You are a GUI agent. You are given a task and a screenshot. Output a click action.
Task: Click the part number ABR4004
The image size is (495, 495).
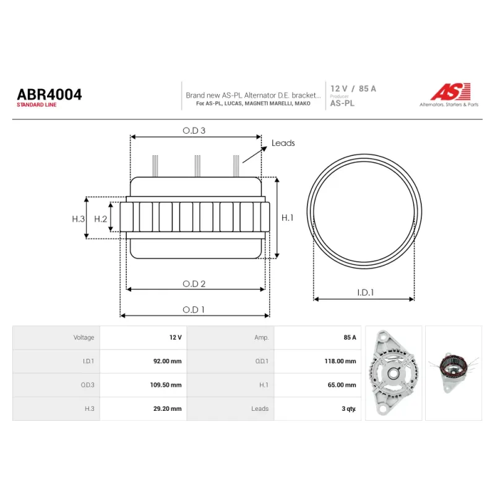pyautogui.click(x=49, y=95)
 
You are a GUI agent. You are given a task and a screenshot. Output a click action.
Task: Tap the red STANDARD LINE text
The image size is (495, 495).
pyautogui.click(x=37, y=105)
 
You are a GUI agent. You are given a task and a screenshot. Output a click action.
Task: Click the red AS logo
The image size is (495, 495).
pyautogui.click(x=450, y=92)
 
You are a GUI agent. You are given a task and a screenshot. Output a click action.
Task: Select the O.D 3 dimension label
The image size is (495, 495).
pyautogui.click(x=194, y=131)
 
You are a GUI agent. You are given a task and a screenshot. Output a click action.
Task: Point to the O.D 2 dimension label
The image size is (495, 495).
pyautogui.click(x=194, y=284)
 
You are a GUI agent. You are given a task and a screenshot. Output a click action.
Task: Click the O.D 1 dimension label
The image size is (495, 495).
pyautogui.click(x=194, y=310)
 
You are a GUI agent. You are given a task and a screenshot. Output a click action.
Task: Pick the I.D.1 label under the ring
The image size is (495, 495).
pyautogui.click(x=365, y=293)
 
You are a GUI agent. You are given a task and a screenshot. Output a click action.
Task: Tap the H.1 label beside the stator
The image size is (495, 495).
pyautogui.click(x=287, y=218)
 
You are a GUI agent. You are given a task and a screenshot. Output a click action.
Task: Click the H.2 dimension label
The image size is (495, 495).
pyautogui.click(x=101, y=219)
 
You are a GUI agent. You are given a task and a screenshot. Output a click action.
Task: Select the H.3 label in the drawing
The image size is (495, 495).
pyautogui.click(x=79, y=219)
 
